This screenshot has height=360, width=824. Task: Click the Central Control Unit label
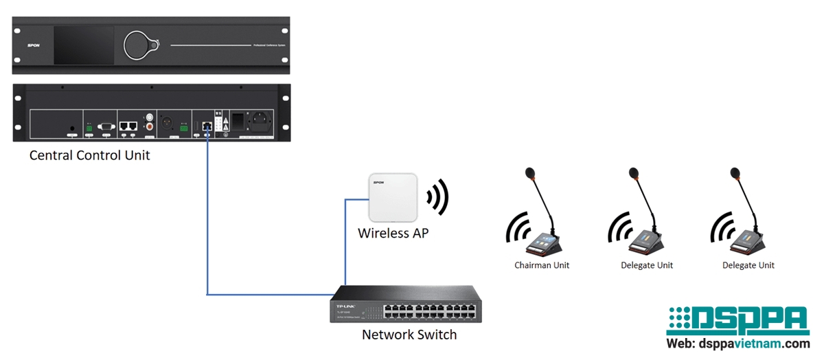click(89, 155)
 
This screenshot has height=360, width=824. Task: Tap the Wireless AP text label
click(393, 234)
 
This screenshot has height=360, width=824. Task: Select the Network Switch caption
click(409, 335)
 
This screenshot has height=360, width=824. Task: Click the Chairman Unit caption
click(542, 265)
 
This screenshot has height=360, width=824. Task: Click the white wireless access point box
click(392, 197)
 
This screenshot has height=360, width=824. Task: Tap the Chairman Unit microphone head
click(529, 172)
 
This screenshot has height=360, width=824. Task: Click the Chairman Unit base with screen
click(544, 243)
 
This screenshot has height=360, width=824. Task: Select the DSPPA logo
click(737, 322)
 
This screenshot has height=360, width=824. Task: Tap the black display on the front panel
click(83, 45)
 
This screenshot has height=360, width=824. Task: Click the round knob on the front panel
click(140, 45)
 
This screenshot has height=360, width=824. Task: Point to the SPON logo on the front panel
click(33, 45)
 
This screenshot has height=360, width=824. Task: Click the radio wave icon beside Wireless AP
click(437, 197)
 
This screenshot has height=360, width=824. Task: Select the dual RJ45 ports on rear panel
click(128, 126)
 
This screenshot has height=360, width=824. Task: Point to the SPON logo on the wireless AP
click(378, 182)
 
